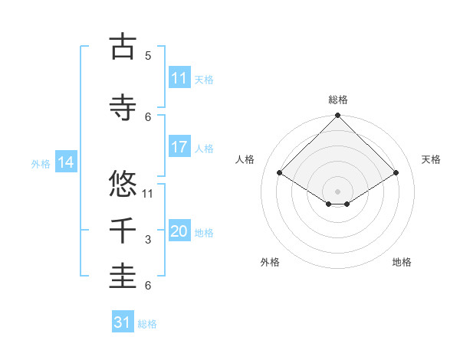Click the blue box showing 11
pyautogui.click(x=179, y=78)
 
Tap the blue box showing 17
pyautogui.click(x=179, y=147)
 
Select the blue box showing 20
pyautogui.click(x=179, y=231)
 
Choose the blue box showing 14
pyautogui.click(x=65, y=162)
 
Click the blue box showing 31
pyautogui.click(x=122, y=322)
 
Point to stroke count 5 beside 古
pyautogui.click(x=148, y=56)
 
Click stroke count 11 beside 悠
pyautogui.click(x=148, y=193)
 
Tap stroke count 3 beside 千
pyautogui.click(x=148, y=240)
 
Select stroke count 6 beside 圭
pyautogui.click(x=148, y=286)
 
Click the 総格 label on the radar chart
pyautogui.click(x=337, y=100)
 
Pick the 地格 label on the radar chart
pyautogui.click(x=402, y=262)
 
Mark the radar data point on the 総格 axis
pyautogui.click(x=337, y=116)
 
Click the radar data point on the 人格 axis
pyautogui.click(x=280, y=173)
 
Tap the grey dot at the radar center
pyautogui.click(x=337, y=191)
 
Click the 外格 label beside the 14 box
pyautogui.click(x=41, y=163)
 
